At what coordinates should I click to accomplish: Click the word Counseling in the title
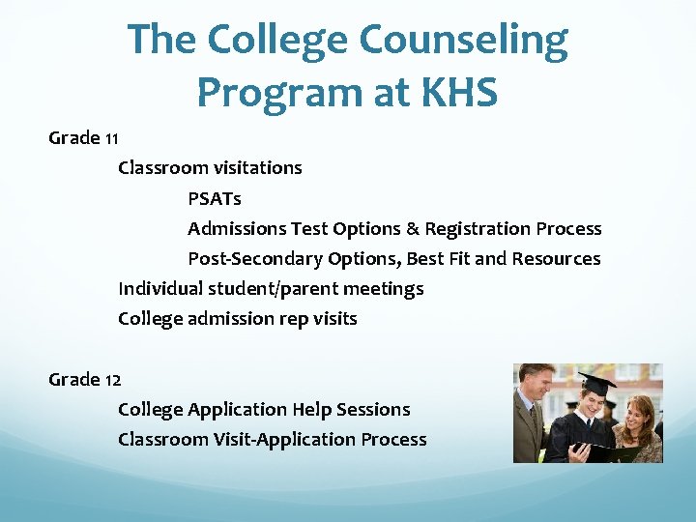click(464, 40)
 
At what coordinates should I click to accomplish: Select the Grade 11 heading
click(83, 138)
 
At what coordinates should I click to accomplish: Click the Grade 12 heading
click(84, 380)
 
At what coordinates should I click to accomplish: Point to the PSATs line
click(215, 199)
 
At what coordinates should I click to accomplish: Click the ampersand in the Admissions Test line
click(413, 229)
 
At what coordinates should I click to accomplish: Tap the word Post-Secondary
click(255, 259)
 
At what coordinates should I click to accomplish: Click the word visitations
click(252, 168)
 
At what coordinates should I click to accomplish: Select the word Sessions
click(373, 410)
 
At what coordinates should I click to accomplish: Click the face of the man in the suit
click(536, 383)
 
